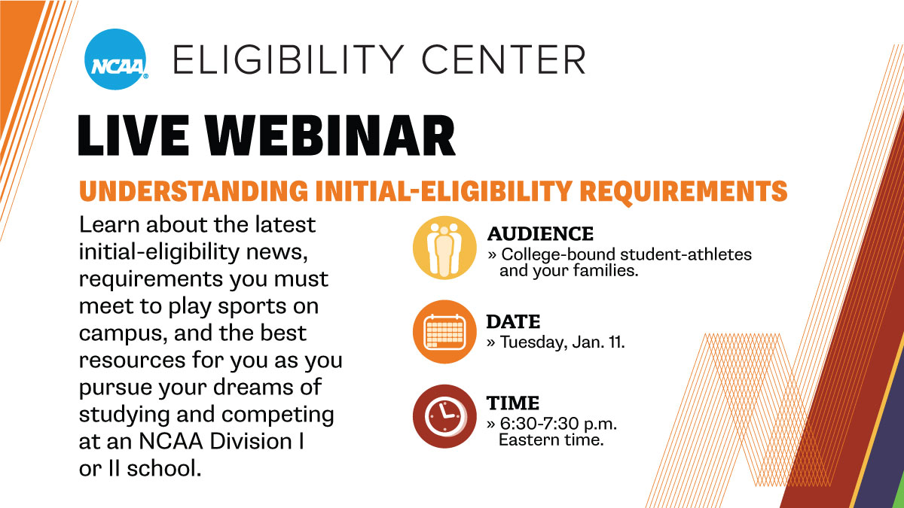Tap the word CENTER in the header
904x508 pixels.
(511, 60)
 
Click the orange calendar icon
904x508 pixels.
(444, 331)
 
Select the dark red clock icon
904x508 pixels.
(444, 416)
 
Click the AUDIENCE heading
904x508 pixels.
(539, 233)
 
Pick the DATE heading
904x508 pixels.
(512, 321)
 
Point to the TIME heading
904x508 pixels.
(512, 403)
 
